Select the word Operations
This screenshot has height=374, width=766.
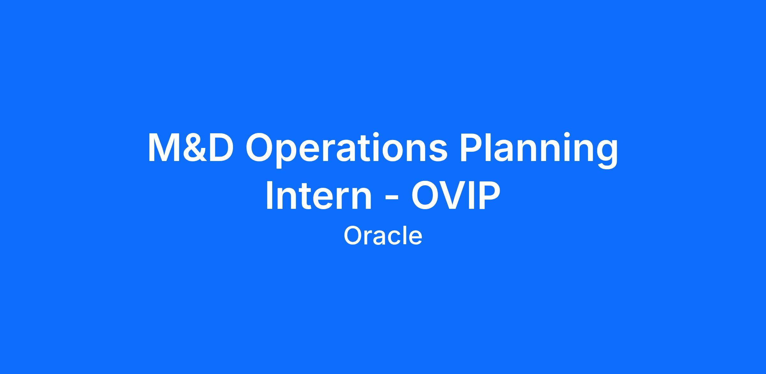(346, 150)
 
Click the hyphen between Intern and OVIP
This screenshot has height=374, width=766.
(391, 199)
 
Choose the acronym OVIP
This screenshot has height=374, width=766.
(455, 195)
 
